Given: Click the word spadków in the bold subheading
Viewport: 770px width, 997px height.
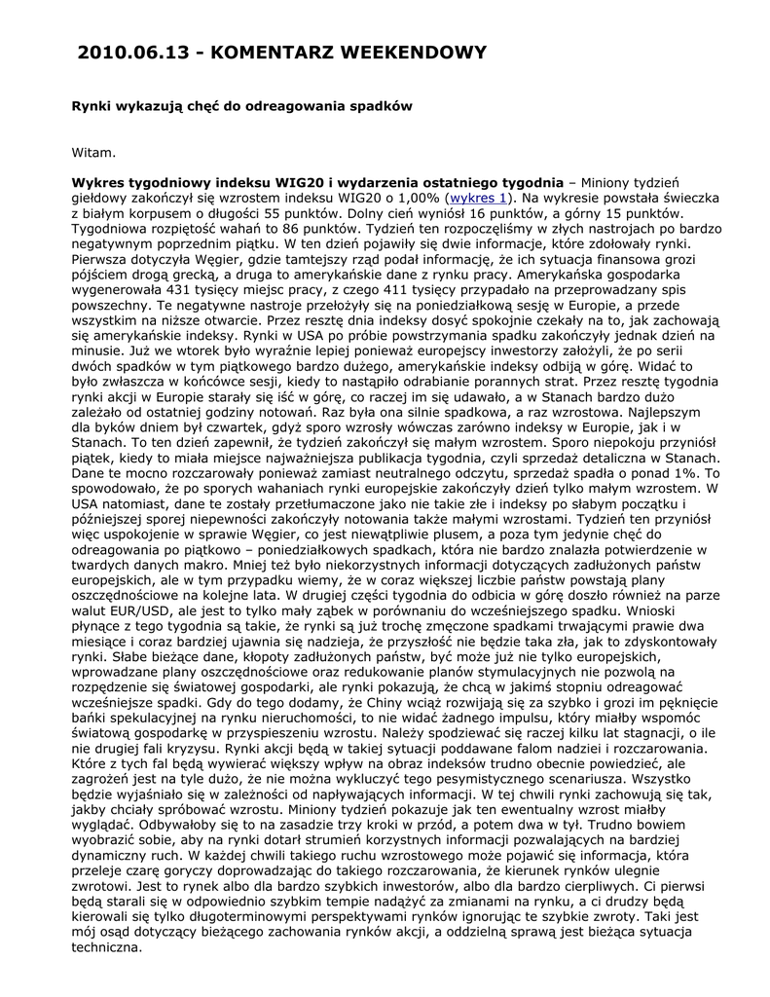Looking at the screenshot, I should point(356,104).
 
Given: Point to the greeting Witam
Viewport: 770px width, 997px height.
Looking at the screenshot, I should point(94,151).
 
